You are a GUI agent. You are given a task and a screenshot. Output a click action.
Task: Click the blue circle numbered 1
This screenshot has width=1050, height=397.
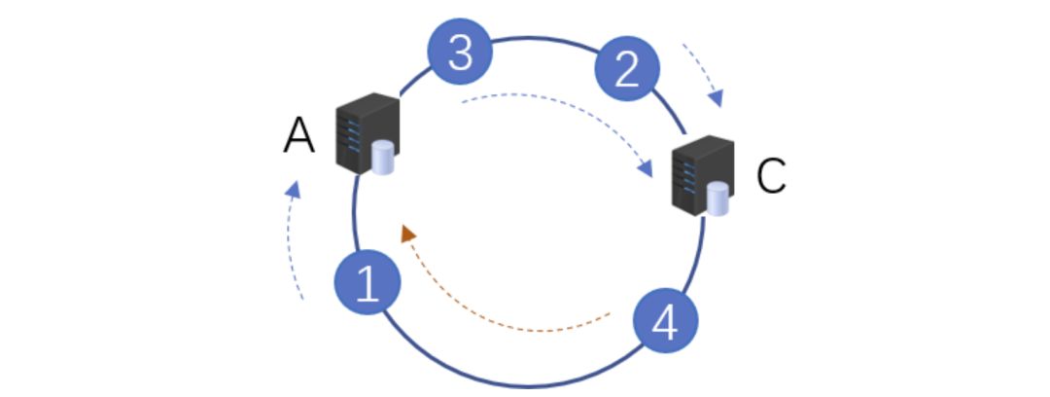point(367,284)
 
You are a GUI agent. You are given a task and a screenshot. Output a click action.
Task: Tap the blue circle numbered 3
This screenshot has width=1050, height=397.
point(460,54)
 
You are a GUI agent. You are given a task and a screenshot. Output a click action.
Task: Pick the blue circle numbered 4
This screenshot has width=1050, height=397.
point(665,322)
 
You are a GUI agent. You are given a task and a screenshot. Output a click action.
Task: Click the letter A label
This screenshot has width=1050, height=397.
point(299,137)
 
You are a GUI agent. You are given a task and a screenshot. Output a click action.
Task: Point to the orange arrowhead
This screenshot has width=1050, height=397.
point(408,234)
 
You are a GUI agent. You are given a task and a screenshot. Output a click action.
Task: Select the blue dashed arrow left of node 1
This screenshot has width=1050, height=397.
point(291,243)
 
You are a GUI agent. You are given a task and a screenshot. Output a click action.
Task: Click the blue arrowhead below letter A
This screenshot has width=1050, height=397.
point(295,189)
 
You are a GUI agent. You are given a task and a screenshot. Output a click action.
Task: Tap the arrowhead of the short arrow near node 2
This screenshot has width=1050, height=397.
point(717,97)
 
